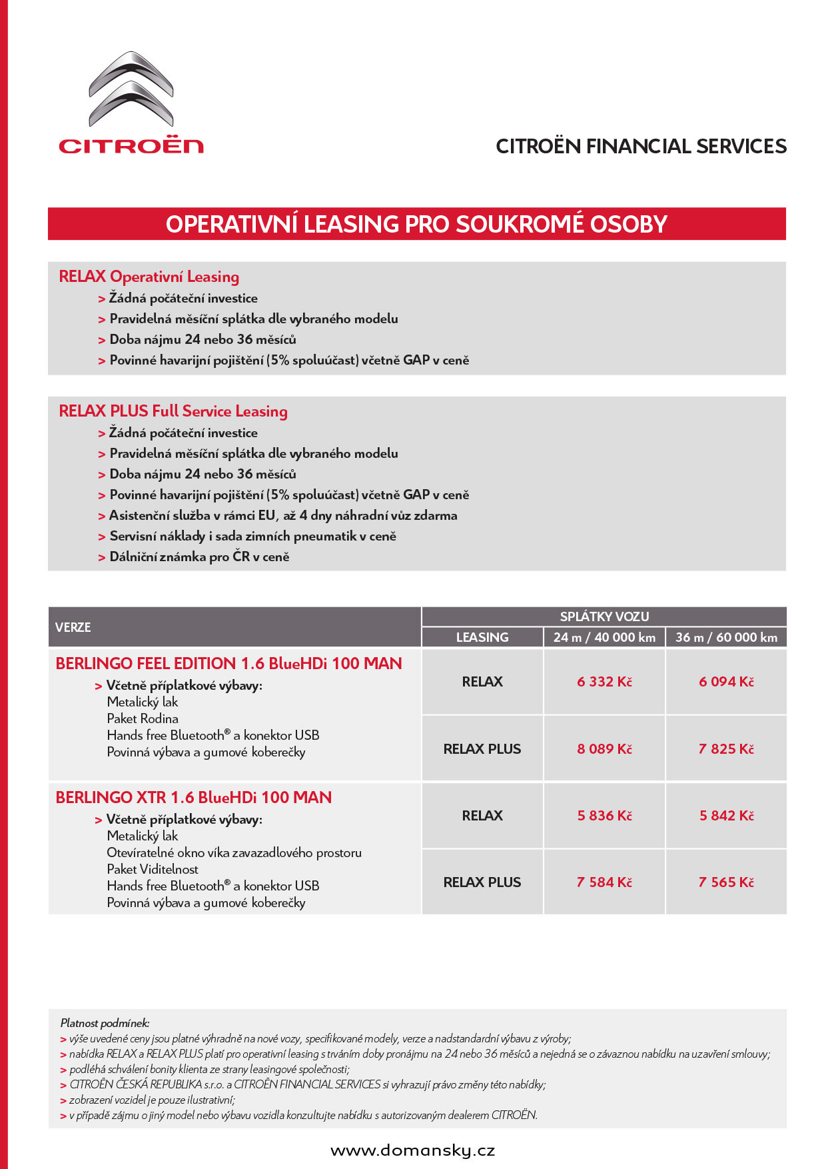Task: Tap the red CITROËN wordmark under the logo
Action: coord(131,146)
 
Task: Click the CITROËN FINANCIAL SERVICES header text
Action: coord(641,147)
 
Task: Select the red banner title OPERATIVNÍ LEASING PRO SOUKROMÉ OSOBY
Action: coord(416,224)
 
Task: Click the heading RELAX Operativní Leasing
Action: coord(149,277)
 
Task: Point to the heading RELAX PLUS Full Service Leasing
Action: coord(173,411)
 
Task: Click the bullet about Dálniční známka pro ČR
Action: coord(199,557)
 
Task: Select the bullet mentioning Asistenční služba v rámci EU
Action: coord(283,516)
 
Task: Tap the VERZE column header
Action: coord(73,627)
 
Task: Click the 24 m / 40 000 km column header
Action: coord(604,637)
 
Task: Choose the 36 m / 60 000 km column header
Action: coord(726,637)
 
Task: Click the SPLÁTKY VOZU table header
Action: coord(604,616)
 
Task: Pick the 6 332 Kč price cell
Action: coord(604,682)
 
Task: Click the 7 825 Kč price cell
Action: coord(726,749)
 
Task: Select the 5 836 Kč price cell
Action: coord(604,816)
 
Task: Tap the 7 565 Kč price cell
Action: coord(726,882)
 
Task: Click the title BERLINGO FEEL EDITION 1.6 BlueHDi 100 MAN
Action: coord(228,664)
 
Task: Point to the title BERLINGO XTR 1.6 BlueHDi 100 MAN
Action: coord(193,798)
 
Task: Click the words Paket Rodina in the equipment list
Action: coord(143,718)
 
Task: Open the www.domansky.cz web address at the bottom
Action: coord(413,1150)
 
